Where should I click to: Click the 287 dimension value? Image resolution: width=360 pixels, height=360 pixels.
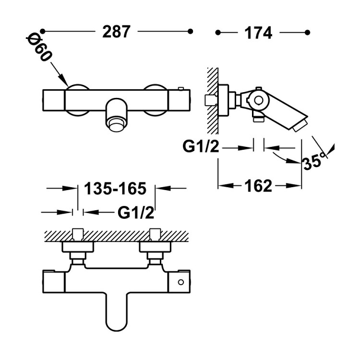pyautogui.click(x=116, y=32)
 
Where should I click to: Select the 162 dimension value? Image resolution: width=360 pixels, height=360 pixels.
pyautogui.click(x=261, y=185)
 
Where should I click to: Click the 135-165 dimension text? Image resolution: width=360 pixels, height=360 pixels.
pyautogui.click(x=115, y=189)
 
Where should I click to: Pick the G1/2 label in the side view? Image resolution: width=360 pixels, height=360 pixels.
pyautogui.click(x=201, y=146)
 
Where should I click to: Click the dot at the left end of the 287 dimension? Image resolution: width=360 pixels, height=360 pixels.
pyautogui.click(x=43, y=32)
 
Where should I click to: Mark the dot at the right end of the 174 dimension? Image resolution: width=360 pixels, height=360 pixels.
pyautogui.click(x=308, y=32)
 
